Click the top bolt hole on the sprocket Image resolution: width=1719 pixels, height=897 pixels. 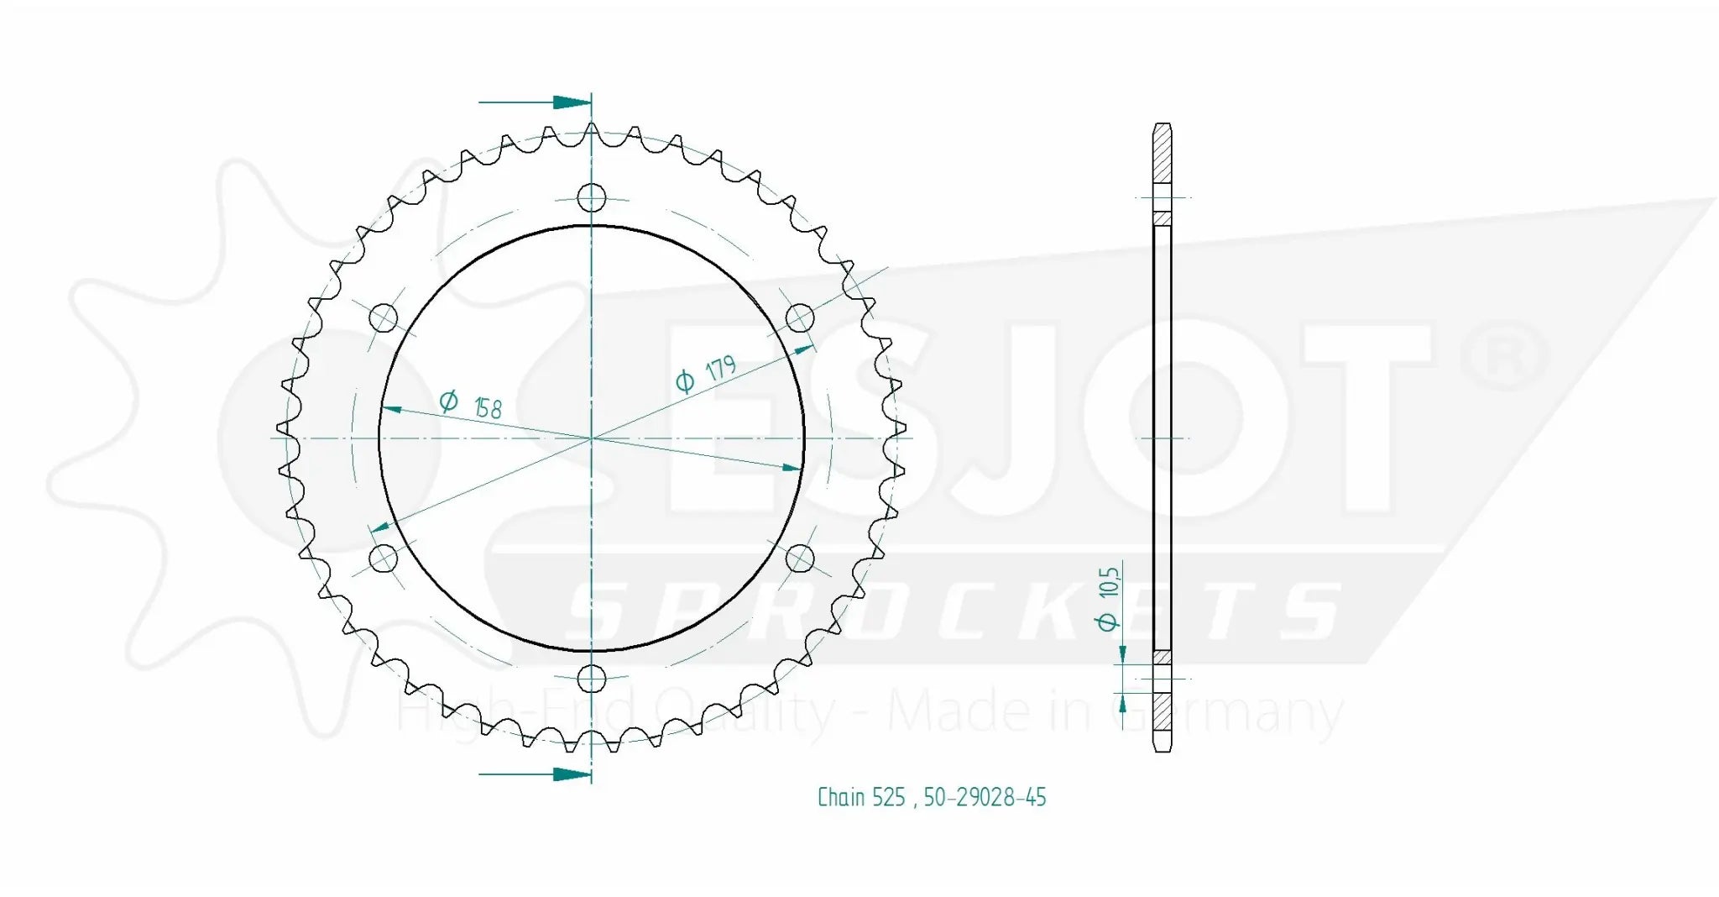tap(592, 198)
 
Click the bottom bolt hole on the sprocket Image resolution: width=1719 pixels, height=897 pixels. tap(592, 678)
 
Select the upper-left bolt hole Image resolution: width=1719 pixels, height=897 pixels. tap(384, 318)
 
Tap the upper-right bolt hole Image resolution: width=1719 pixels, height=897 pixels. tap(799, 317)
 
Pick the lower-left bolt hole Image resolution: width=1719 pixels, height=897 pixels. tap(384, 558)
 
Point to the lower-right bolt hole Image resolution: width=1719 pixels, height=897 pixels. tap(799, 558)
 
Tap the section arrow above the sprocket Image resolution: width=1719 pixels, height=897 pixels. tap(571, 102)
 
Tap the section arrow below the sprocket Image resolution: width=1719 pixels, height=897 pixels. tap(571, 774)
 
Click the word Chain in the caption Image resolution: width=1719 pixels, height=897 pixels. tap(841, 797)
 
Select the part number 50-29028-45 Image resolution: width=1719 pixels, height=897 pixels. tap(985, 797)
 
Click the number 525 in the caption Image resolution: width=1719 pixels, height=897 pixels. tap(888, 797)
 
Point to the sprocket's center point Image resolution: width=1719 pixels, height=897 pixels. tap(592, 438)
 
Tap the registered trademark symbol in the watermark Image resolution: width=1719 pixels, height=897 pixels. tap(1505, 357)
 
